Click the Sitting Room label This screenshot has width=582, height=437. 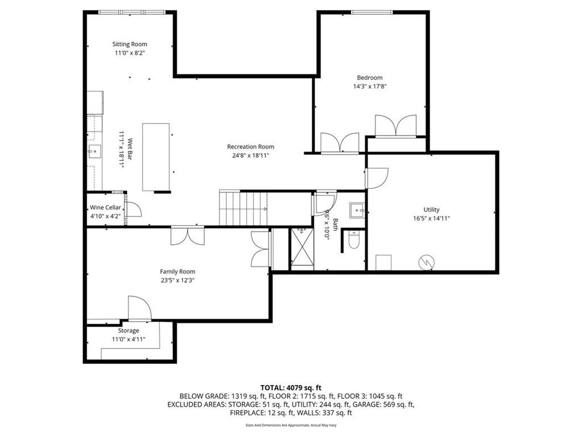(130, 44)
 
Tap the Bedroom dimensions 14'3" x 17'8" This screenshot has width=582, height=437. (369, 86)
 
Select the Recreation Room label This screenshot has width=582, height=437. (251, 147)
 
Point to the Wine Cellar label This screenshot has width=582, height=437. (105, 208)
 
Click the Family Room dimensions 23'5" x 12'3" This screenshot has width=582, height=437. (177, 281)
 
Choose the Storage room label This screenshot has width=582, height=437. (128, 331)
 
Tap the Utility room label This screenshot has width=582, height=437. (431, 209)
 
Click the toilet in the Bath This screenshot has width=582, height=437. (354, 240)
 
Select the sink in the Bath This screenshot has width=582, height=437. (357, 211)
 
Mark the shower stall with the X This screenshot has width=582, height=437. (302, 247)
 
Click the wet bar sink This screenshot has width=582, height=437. (94, 151)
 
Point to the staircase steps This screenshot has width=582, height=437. (243, 208)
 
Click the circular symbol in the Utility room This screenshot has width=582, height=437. (426, 262)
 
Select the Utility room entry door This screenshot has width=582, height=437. (377, 178)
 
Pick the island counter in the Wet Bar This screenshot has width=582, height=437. (156, 157)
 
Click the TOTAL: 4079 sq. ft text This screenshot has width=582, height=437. (290, 388)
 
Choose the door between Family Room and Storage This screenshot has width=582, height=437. (140, 308)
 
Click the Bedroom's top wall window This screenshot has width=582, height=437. (372, 13)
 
